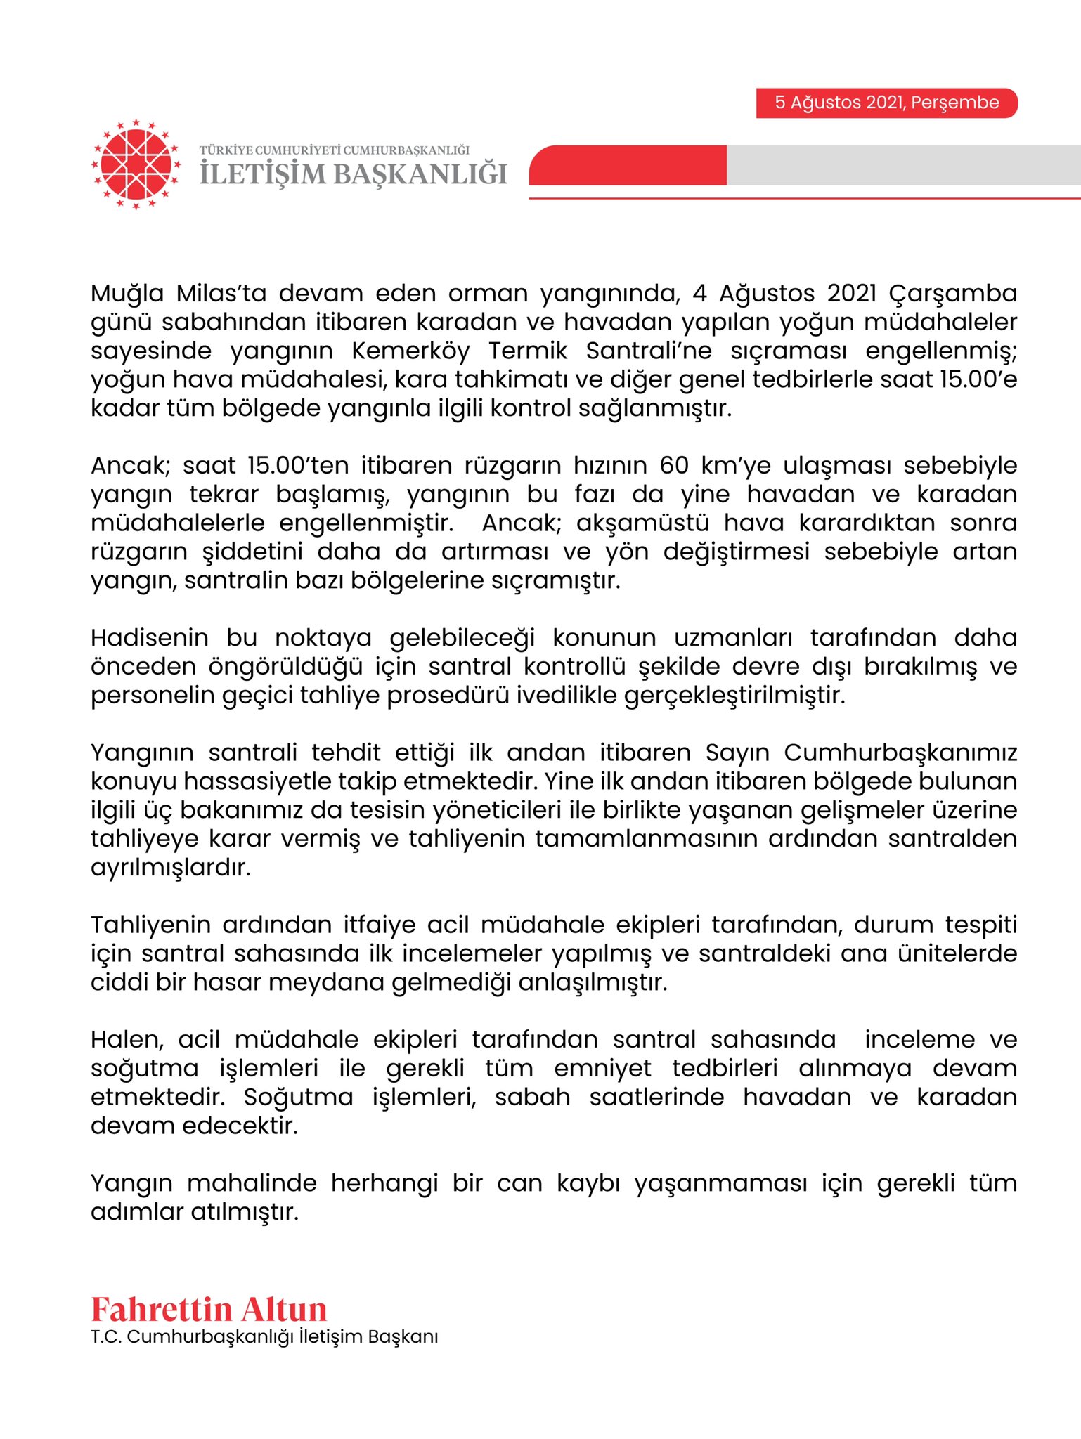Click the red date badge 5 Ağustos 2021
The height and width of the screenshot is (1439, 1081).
tap(886, 103)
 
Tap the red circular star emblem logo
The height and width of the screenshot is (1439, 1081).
tap(136, 164)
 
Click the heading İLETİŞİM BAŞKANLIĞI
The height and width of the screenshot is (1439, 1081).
tap(353, 174)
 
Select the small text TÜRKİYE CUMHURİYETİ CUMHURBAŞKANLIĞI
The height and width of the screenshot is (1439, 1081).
tap(334, 150)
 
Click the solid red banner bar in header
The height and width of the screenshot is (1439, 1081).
tap(628, 165)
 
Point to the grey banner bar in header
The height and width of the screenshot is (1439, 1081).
tap(903, 165)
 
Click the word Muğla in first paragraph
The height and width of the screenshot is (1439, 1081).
tap(127, 294)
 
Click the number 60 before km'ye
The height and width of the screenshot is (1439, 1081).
tap(673, 466)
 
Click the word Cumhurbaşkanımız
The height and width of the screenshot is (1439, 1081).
tap(900, 753)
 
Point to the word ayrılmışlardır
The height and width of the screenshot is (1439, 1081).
tap(170, 868)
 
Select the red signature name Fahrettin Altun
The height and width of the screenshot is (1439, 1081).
tap(209, 1310)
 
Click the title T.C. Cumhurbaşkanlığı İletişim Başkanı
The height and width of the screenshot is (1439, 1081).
tap(264, 1337)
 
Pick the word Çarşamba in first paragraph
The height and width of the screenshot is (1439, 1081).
tap(952, 294)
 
